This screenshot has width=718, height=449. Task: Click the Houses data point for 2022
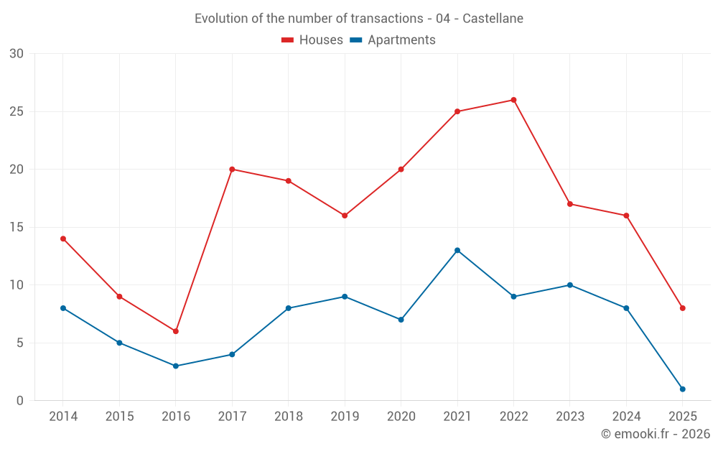(513, 100)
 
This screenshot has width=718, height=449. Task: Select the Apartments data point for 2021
(457, 250)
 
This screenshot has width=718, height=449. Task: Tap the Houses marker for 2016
(175, 331)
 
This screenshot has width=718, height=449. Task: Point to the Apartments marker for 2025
(682, 389)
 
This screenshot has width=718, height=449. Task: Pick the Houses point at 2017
(232, 170)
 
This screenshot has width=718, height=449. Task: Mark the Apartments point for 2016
(175, 366)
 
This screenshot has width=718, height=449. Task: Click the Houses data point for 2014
(63, 239)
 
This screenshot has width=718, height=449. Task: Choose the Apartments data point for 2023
(570, 285)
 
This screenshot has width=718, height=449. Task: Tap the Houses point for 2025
(682, 308)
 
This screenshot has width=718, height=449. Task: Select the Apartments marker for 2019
(345, 297)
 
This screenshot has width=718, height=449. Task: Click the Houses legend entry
(312, 40)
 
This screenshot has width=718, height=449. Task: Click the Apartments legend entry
(393, 40)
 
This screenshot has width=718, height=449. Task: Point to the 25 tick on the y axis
(16, 111)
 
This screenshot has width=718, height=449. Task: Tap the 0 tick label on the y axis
(20, 400)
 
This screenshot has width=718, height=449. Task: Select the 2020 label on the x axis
(401, 417)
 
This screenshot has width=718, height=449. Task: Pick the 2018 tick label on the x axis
(288, 417)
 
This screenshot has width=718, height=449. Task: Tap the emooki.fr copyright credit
(655, 434)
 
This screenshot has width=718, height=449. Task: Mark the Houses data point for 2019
(345, 216)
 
